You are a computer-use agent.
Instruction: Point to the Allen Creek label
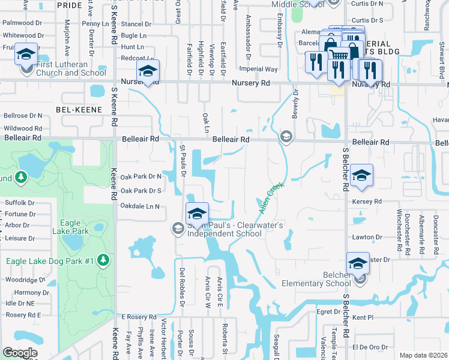(x=270, y=198)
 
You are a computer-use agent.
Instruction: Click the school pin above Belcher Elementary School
(x=357, y=263)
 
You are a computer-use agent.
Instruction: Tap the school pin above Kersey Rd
(x=361, y=175)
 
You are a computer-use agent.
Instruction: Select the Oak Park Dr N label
(x=141, y=177)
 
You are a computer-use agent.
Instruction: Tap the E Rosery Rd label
(x=139, y=316)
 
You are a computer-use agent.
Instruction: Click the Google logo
(x=19, y=353)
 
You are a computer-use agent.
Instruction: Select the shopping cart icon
(x=339, y=55)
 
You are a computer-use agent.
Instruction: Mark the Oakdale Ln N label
(x=140, y=206)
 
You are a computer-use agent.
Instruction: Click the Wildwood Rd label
(x=23, y=128)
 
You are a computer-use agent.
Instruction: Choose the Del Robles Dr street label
(x=181, y=281)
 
